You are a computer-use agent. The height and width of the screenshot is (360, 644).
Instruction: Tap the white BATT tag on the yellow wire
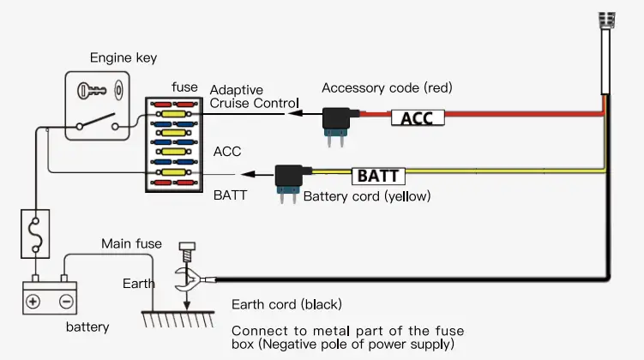tap(378, 177)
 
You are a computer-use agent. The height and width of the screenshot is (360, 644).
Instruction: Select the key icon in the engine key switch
tap(92, 90)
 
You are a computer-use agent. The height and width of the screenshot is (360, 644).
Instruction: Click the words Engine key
tap(124, 58)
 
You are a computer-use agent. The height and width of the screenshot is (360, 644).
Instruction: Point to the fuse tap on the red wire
tap(336, 119)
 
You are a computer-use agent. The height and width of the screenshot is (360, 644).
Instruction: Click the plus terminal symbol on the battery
tap(33, 301)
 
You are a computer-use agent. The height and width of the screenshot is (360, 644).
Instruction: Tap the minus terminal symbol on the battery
tap(65, 301)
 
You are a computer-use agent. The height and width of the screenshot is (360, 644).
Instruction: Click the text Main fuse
tap(131, 244)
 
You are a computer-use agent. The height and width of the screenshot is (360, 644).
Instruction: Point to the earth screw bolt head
tap(185, 249)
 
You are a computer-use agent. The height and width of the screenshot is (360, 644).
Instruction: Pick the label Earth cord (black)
tap(286, 304)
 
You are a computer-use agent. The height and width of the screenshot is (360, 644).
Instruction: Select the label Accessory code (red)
tap(386, 88)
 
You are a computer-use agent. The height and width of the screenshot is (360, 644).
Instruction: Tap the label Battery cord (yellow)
tap(366, 197)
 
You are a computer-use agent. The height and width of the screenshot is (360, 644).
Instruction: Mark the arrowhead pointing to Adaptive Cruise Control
tap(292, 112)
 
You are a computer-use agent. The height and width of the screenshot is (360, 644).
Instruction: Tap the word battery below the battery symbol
tap(88, 327)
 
